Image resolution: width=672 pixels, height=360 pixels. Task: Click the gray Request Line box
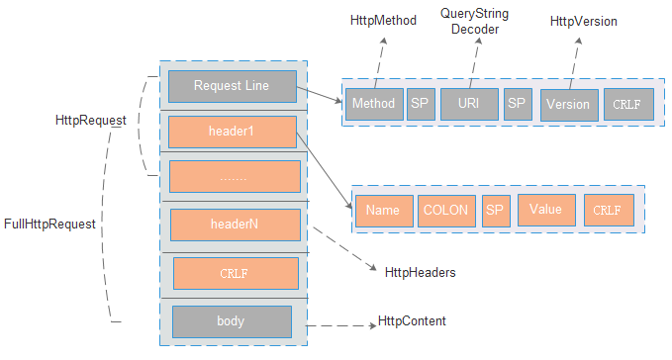click(x=233, y=86)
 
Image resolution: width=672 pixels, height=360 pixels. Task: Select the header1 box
click(x=233, y=132)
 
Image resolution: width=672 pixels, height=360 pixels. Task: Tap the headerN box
click(x=235, y=224)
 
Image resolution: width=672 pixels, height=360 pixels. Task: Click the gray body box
click(x=232, y=320)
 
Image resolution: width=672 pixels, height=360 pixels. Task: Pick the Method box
click(x=373, y=104)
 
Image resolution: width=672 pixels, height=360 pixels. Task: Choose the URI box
click(x=468, y=104)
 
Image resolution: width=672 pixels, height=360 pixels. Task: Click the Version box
click(x=569, y=104)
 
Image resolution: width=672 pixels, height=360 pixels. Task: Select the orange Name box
click(x=383, y=210)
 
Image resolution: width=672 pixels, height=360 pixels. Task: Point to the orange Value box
click(x=545, y=209)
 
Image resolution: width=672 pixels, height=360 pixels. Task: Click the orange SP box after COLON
click(x=495, y=210)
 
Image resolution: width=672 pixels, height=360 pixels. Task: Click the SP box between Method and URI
click(x=421, y=104)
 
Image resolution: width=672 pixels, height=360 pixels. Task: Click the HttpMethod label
click(x=381, y=21)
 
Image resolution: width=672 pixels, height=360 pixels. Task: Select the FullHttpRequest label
click(x=49, y=225)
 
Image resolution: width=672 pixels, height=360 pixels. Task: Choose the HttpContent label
click(x=412, y=321)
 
